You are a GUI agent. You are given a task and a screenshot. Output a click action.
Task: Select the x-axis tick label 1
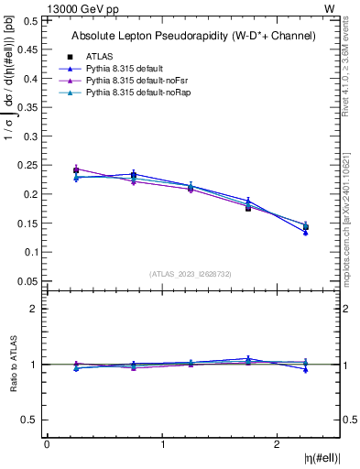162,444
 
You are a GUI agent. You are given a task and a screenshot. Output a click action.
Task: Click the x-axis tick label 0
47,444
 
